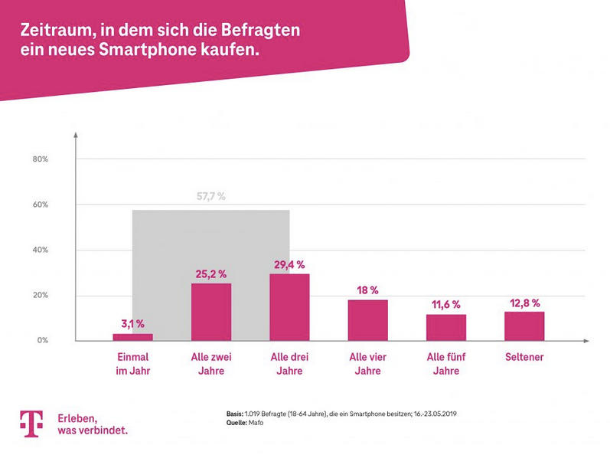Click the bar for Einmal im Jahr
(132, 337)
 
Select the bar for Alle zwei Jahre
(211, 312)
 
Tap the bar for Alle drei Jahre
(289, 307)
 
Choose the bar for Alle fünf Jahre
(446, 327)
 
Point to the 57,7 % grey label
(211, 197)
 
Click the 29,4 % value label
(289, 264)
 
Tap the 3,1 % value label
(132, 324)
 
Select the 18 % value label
(367, 290)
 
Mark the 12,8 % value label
(524, 303)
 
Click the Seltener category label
(524, 358)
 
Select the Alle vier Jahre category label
(367, 364)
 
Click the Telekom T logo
(31, 424)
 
